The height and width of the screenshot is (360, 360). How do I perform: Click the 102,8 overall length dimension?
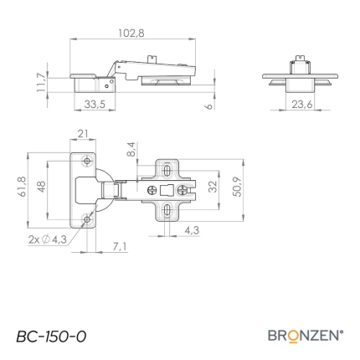(x=131, y=33)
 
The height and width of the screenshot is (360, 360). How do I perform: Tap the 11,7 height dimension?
(x=41, y=82)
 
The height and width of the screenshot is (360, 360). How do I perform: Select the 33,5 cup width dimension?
(x=95, y=105)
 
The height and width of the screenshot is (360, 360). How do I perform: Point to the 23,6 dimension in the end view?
(x=302, y=105)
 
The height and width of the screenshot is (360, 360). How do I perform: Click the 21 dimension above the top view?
(x=83, y=134)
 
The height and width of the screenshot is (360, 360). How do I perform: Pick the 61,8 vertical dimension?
(x=23, y=187)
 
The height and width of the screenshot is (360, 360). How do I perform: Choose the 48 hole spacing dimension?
(x=41, y=187)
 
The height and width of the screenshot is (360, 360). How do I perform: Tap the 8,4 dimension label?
(x=131, y=149)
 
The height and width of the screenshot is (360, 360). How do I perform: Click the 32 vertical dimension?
(x=213, y=187)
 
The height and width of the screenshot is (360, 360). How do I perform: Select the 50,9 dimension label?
(x=237, y=187)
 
